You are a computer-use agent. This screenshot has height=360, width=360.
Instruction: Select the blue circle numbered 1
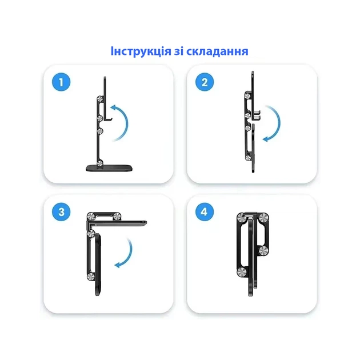pos(61,82)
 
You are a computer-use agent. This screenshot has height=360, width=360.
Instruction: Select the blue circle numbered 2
pos(204,82)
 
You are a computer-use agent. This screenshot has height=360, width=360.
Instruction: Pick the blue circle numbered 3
pos(61,212)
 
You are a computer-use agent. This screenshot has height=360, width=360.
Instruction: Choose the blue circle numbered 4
pos(204,212)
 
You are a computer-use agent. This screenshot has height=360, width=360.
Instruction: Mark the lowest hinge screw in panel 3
pos(91,278)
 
